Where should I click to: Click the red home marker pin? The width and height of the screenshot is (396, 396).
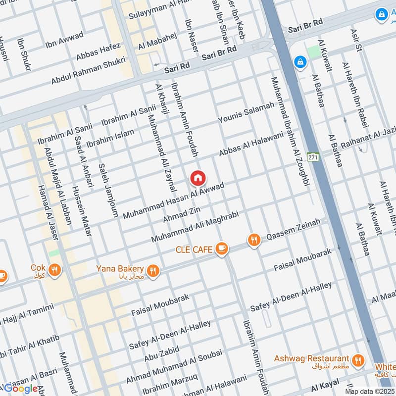coord(198,178)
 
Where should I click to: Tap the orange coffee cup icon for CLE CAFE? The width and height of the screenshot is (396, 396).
coord(222,249)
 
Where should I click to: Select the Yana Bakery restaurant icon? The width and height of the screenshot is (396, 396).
coord(153,271)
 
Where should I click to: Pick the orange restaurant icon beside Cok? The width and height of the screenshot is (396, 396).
coord(55,270)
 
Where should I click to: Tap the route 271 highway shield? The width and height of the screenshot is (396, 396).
coord(312,156)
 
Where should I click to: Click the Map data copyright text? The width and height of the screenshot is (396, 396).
coord(370,391)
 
